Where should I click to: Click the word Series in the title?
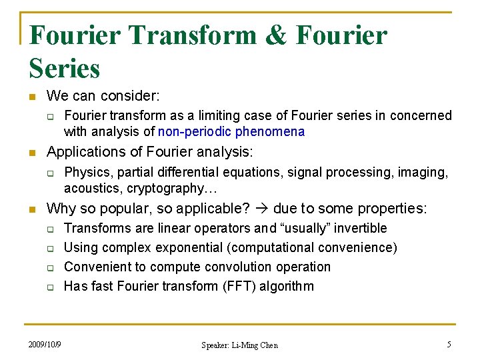click(x=65, y=68)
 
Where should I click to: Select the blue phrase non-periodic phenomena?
click(x=231, y=131)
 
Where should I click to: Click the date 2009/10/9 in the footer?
click(x=45, y=345)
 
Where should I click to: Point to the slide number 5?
click(x=449, y=345)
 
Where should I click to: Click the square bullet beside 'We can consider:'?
click(x=31, y=97)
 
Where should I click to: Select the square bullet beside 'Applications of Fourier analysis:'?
click(x=31, y=153)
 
